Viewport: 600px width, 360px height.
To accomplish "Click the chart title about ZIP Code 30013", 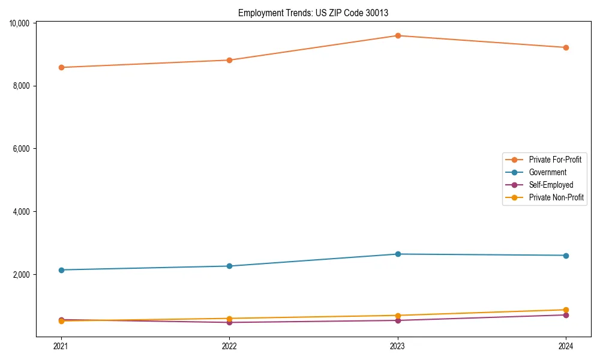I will coord(317,13).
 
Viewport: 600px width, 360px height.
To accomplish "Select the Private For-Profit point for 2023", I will coord(398,35).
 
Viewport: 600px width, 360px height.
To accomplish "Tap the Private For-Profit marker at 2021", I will coord(61,67).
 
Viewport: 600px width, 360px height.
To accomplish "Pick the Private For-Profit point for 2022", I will coord(229,60).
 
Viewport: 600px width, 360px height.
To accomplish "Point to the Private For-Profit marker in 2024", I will coord(566,47).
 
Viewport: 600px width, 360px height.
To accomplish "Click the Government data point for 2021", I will coord(61,270).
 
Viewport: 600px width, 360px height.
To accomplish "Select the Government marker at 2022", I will coord(229,266).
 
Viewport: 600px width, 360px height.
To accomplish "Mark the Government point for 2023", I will coord(398,254).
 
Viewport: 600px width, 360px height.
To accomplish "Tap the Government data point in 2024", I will coord(566,256).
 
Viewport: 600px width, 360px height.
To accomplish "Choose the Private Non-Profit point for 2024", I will coord(566,310).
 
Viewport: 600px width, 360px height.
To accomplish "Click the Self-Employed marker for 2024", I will coord(566,315).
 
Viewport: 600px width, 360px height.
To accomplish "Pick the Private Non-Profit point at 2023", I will coord(398,316).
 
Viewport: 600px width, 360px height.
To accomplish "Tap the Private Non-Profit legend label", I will coord(556,197).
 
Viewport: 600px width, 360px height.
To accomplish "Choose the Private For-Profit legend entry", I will coord(555,160).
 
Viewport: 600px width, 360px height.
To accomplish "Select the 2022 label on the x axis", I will coord(229,346).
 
